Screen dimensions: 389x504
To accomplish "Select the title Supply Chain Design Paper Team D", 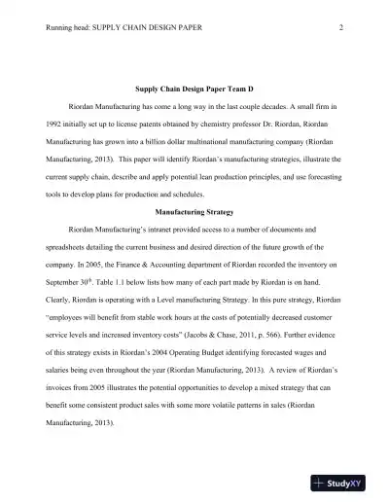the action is click(x=194, y=89).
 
